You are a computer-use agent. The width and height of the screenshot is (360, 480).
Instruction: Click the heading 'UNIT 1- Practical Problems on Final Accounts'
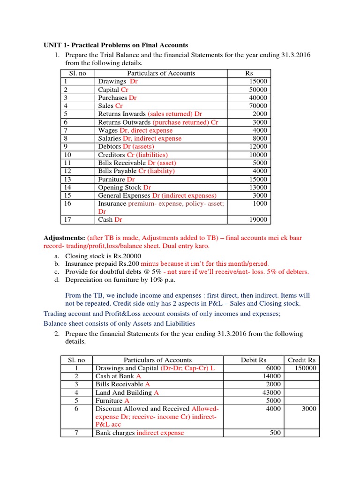(x=116, y=45)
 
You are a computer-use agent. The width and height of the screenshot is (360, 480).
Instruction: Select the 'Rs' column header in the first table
(x=248, y=73)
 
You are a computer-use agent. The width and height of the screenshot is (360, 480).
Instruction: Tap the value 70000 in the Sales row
(x=258, y=106)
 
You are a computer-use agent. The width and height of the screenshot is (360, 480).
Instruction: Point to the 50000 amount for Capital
(x=258, y=90)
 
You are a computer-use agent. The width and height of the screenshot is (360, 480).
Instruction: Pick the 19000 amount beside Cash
(x=258, y=219)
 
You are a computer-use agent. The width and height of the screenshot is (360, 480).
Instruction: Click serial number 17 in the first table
(x=67, y=219)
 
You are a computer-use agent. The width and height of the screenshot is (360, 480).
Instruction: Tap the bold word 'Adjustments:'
(x=65, y=238)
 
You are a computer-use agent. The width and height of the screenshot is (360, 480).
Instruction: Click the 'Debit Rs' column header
(x=254, y=360)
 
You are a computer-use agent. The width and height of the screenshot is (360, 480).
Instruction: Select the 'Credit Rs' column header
(x=302, y=360)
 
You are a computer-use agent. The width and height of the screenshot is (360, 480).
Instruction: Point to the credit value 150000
(x=305, y=368)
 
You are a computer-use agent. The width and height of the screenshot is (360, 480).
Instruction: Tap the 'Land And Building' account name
(x=124, y=392)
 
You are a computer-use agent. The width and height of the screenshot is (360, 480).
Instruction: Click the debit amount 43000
(x=271, y=392)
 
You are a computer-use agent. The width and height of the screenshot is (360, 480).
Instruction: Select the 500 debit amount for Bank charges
(x=275, y=433)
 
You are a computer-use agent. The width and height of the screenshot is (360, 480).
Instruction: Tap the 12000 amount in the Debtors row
(x=258, y=147)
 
